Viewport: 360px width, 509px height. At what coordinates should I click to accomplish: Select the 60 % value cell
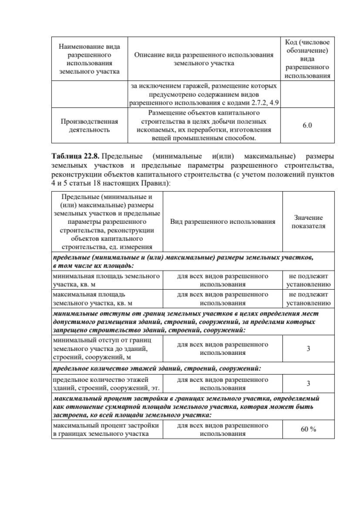(308, 429)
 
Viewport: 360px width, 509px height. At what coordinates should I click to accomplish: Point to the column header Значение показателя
(308, 222)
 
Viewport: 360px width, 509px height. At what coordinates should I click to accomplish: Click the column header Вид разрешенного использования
(222, 222)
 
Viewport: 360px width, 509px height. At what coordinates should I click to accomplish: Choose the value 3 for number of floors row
(308, 384)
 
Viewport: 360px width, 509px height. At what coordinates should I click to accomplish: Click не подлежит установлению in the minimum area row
(308, 280)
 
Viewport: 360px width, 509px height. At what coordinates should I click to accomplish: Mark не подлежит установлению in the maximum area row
(308, 298)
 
